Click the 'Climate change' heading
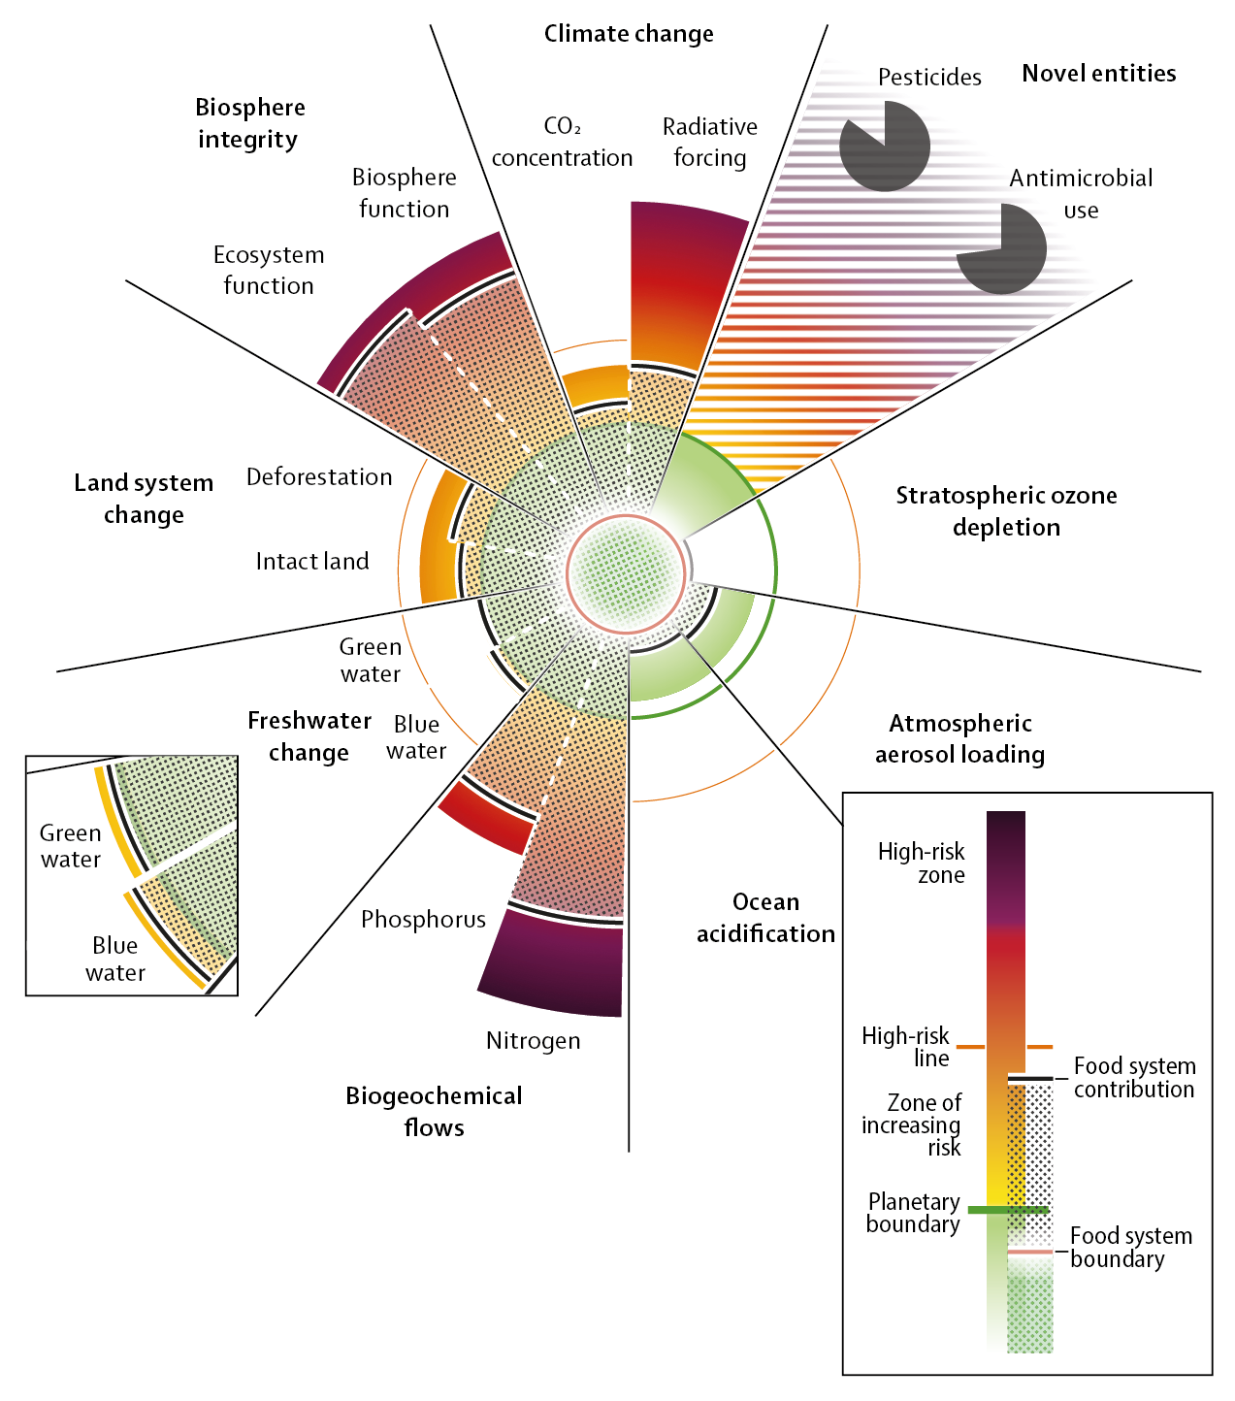coord(628,34)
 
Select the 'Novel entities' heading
coord(1098,74)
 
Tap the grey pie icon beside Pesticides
coord(884,146)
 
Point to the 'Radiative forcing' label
coord(709,142)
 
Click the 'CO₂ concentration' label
coord(562,142)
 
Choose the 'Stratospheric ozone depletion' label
coord(1006,511)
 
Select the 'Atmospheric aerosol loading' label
coord(959,738)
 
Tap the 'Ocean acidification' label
coord(765,917)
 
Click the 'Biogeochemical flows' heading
coord(434,1111)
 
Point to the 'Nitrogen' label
coord(533,1041)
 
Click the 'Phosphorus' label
coord(423,920)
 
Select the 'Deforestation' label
coord(319,477)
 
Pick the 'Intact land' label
coord(312,562)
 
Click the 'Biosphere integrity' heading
coord(249,123)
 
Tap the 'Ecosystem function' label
coord(269,270)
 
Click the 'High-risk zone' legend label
coord(921,863)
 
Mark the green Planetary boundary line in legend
coord(1008,1210)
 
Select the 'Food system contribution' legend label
coord(1133,1077)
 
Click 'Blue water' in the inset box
coord(114,959)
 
